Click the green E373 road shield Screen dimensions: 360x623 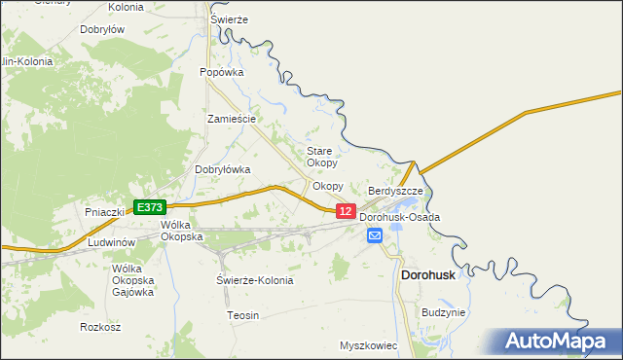(150, 207)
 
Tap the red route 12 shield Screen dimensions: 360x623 (345, 211)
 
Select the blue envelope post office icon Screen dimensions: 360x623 (375, 235)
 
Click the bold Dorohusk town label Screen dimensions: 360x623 (428, 275)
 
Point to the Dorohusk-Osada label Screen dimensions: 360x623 (400, 217)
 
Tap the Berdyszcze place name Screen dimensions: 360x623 (395, 192)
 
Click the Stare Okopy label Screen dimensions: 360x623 (321, 157)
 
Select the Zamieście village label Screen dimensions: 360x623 (232, 119)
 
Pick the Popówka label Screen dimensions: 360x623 (221, 72)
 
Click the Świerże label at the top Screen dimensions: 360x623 (230, 19)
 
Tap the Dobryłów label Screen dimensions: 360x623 (102, 30)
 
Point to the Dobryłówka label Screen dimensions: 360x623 (223, 169)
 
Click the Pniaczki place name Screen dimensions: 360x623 (104, 211)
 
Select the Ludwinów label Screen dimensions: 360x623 (110, 241)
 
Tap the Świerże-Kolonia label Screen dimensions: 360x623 (254, 280)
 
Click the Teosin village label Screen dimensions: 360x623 (242, 315)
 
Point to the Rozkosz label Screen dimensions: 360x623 (101, 327)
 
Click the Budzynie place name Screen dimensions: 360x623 (444, 312)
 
